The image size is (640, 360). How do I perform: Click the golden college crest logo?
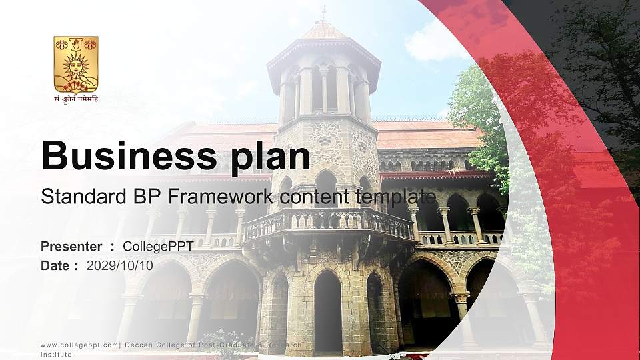click(x=75, y=65)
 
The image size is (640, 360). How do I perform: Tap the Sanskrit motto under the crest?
click(x=75, y=99)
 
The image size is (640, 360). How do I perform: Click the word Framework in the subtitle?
click(x=226, y=197)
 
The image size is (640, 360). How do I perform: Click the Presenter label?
click(x=71, y=247)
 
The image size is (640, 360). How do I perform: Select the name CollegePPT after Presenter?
click(x=158, y=247)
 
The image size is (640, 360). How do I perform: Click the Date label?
click(x=55, y=265)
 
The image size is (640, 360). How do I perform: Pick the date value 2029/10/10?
click(x=120, y=265)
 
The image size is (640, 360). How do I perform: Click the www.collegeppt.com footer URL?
click(x=79, y=345)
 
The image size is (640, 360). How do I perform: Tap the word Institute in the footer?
click(x=56, y=355)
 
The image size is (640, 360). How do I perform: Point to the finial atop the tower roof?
click(x=324, y=12)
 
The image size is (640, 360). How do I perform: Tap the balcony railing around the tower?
click(x=327, y=224)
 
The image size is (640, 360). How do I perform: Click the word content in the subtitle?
click(x=306, y=197)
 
